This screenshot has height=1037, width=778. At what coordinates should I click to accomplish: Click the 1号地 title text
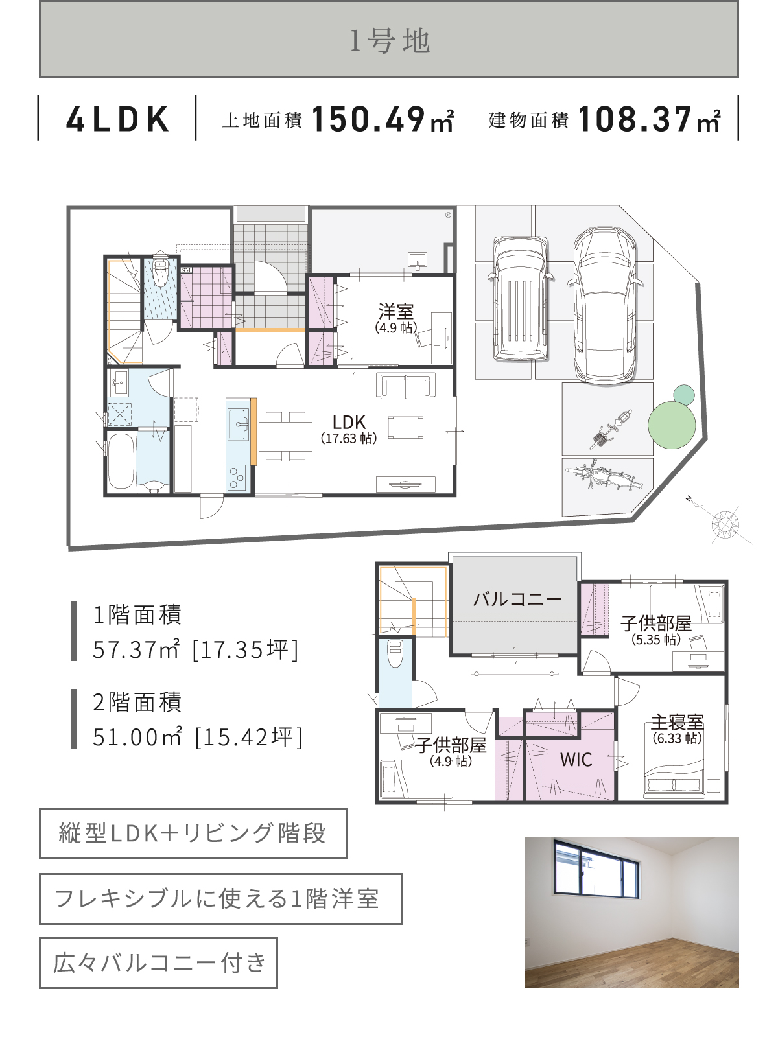389,41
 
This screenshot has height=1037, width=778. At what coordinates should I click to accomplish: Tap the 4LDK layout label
117,119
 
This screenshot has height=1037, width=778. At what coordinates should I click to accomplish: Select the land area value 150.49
368,119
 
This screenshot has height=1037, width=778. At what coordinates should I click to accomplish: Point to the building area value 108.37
635,119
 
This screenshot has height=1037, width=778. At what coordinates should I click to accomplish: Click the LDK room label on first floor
349,423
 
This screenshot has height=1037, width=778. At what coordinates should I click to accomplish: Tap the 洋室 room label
395,311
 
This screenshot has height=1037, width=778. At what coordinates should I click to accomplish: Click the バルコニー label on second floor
517,598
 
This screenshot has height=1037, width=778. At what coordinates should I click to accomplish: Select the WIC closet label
576,760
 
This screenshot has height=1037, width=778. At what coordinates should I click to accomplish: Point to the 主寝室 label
677,721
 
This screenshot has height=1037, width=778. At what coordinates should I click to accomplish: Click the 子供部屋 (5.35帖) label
656,623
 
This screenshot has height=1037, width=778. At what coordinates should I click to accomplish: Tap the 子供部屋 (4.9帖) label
451,745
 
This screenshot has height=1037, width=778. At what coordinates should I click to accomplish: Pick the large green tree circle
672,425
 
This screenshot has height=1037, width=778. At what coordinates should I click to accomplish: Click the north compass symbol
725,524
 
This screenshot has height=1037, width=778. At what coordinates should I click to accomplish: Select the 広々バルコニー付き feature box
158,963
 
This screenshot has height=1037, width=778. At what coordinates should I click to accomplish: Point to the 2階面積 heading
137,702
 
